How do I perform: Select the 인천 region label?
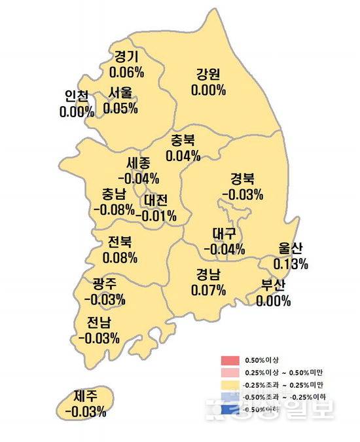[77, 96]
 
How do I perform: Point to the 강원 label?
[208, 73]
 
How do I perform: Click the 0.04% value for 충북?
[183, 156]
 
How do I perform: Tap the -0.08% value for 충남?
[114, 210]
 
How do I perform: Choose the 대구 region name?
[225, 234]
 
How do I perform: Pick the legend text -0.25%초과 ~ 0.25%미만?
[278, 385]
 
